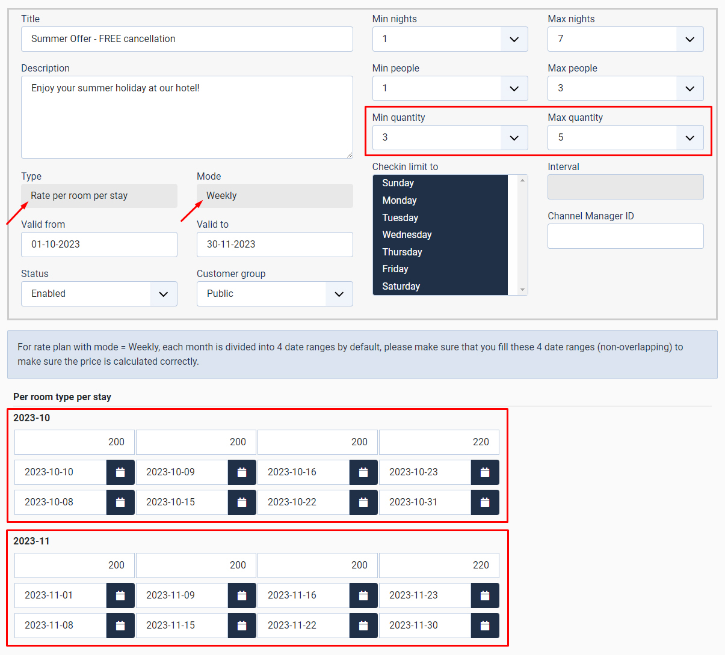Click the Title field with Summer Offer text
point(187,39)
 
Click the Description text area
point(187,117)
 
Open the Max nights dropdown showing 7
point(625,39)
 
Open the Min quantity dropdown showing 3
point(449,138)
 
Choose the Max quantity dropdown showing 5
point(625,138)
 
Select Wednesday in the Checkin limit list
point(407,235)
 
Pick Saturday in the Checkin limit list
point(401,287)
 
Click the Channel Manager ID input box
point(625,236)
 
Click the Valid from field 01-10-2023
point(99,245)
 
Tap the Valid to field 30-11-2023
point(274,245)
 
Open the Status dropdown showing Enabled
point(99,294)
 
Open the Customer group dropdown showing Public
point(274,294)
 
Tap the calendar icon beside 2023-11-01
point(120,596)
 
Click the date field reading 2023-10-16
point(303,472)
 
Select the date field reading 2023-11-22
point(303,626)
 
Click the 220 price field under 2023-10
point(439,442)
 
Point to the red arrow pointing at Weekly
point(191,211)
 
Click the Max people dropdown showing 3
point(625,88)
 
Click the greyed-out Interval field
point(625,187)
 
